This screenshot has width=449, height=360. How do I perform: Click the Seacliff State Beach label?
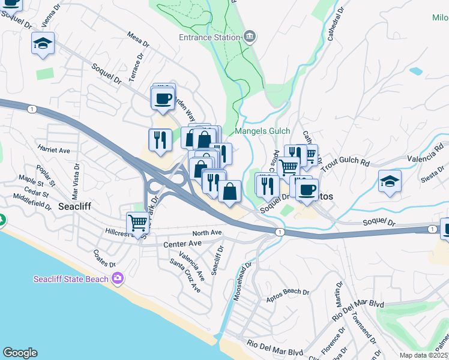tap(71, 279)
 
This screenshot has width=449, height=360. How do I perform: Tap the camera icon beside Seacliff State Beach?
tap(117, 278)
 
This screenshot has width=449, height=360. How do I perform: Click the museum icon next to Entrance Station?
tap(250, 37)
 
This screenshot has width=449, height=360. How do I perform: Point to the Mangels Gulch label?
tap(263, 131)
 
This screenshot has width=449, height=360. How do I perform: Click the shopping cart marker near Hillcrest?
tap(138, 223)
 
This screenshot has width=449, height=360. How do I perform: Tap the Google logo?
tap(20, 353)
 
